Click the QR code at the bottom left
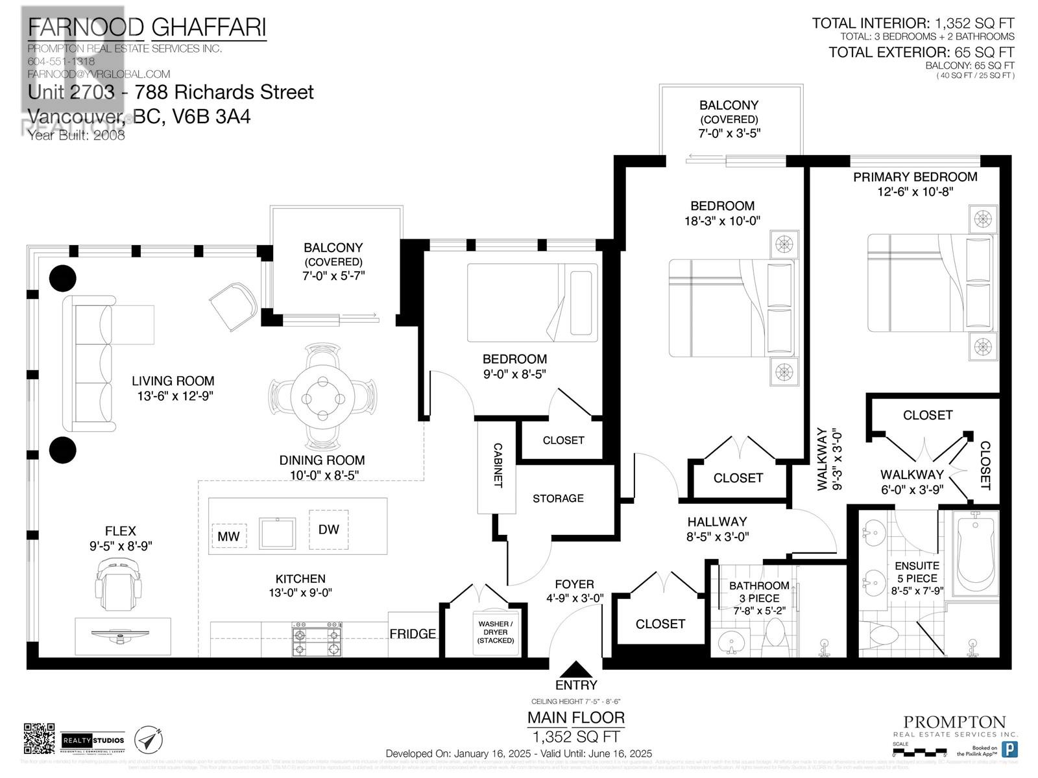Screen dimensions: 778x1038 click(x=39, y=738)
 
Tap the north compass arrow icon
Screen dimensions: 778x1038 click(x=148, y=739)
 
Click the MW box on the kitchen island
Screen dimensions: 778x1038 click(x=228, y=536)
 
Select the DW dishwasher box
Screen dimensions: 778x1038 click(x=329, y=529)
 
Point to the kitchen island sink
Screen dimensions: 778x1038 click(x=278, y=532)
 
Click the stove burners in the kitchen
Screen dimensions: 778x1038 click(x=317, y=641)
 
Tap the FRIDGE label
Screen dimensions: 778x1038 click(x=413, y=634)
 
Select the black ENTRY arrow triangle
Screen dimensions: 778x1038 click(x=575, y=670)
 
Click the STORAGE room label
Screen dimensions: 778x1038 click(x=558, y=498)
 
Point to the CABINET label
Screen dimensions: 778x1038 click(x=498, y=465)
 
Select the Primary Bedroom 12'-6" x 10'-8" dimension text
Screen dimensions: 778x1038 click(x=915, y=192)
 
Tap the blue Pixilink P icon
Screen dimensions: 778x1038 click(x=1009, y=749)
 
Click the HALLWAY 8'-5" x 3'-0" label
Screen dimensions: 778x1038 click(x=717, y=528)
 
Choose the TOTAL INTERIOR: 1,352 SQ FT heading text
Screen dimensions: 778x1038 click(x=913, y=23)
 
